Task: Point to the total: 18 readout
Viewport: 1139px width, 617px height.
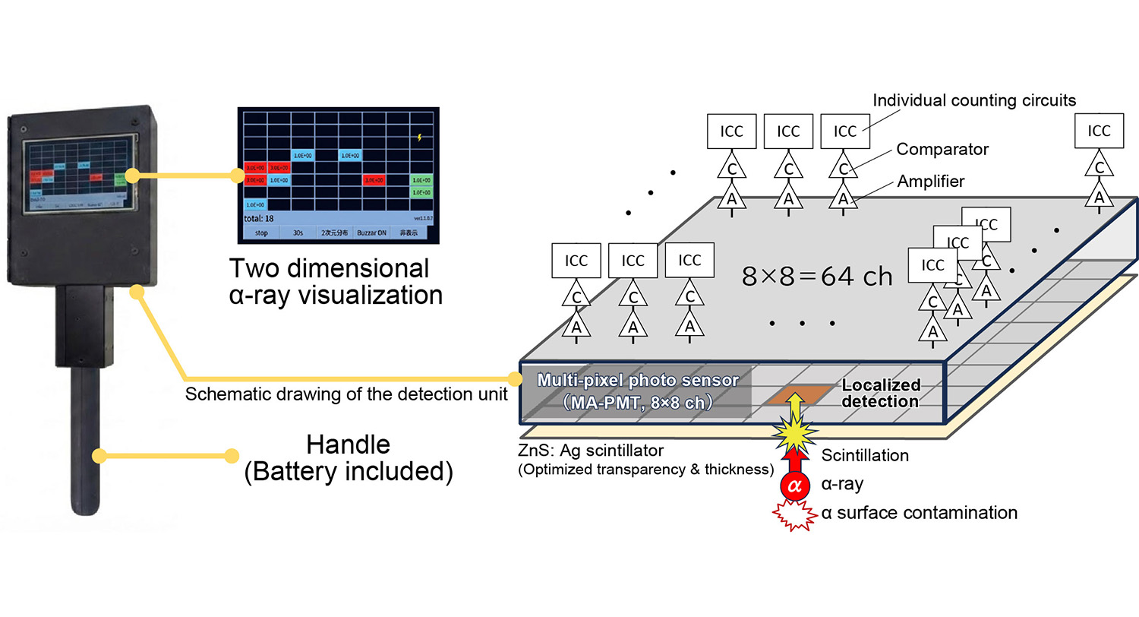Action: point(259,218)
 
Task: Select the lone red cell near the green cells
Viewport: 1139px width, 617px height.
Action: point(373,180)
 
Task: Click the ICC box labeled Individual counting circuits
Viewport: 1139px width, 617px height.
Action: point(844,131)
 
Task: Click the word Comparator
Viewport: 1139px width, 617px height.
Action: point(942,149)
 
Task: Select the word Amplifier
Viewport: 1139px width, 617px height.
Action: point(929,182)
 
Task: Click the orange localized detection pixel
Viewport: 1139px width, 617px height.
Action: point(794,396)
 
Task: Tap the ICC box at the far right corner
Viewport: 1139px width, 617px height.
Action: point(1098,131)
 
